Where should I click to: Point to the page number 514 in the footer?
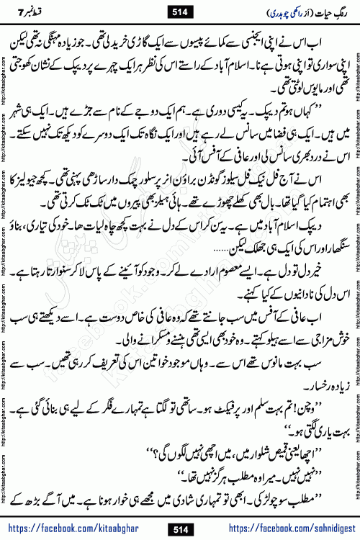pos(180,528)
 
